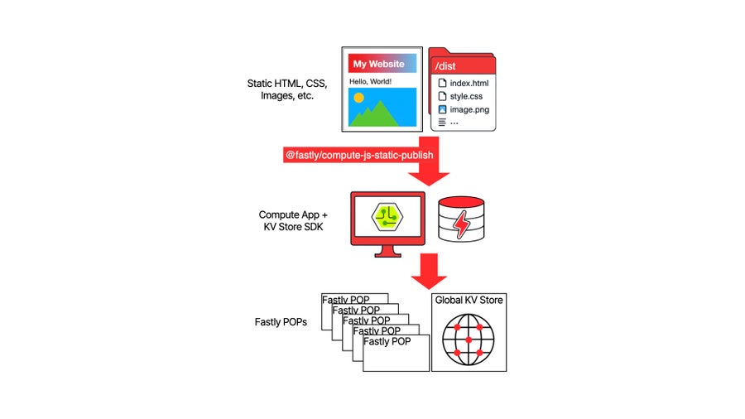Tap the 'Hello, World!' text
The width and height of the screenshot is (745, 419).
370,81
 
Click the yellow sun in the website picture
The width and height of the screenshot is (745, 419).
358,98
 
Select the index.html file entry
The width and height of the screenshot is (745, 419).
469,84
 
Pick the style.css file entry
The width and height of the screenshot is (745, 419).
465,96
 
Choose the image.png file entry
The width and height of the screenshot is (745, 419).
467,108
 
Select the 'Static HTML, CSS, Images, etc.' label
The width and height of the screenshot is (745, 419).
286,89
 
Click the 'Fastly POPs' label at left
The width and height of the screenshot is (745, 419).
281,321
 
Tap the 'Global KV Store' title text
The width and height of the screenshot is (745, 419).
469,300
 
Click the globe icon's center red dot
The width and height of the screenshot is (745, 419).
469,340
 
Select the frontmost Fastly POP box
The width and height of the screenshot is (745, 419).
397,353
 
